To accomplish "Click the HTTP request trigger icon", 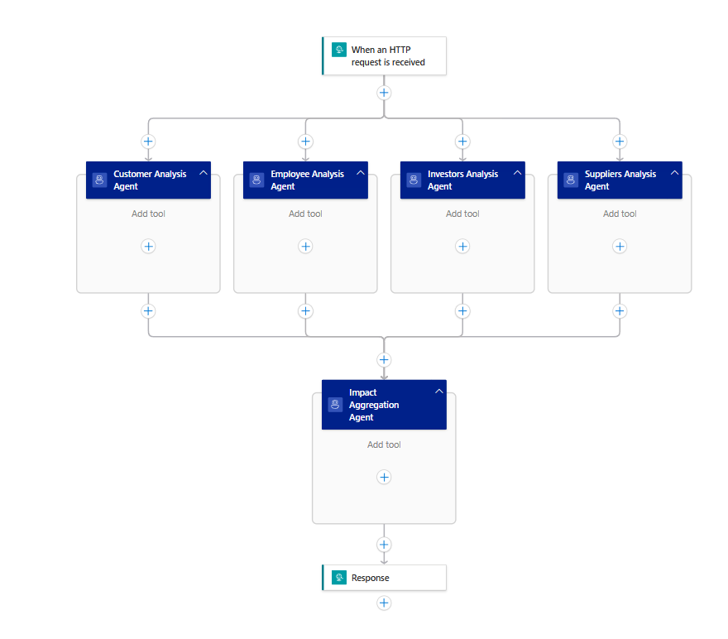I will [x=338, y=50].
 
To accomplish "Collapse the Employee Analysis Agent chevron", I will [x=361, y=173].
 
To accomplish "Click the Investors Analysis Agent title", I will [x=462, y=180].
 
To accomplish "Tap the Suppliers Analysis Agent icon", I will [x=571, y=180].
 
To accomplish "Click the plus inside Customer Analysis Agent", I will [x=148, y=246].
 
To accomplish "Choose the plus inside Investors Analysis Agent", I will [x=462, y=246].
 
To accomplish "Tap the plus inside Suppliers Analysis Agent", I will [x=620, y=246].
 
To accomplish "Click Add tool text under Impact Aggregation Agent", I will [x=384, y=444].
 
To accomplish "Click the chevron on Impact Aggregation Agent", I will [x=438, y=392].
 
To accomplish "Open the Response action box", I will [x=384, y=578].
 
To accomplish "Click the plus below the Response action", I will [x=384, y=603].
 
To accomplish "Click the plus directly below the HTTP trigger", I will [x=384, y=93].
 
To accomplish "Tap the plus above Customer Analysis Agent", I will [x=148, y=142].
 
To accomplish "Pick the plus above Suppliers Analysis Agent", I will [x=620, y=142].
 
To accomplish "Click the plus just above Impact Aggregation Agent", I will [x=384, y=360].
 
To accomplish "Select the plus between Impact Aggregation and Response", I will [x=384, y=545].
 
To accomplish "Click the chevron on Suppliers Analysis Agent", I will [x=675, y=173].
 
